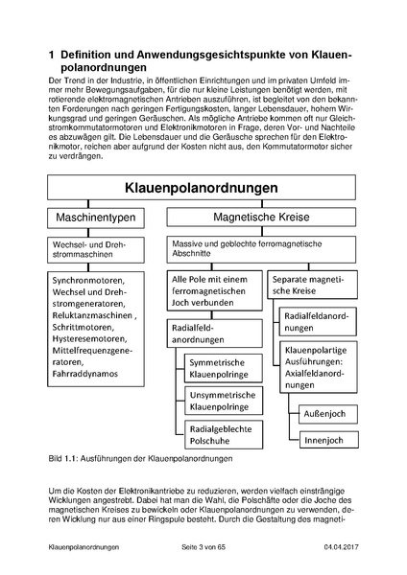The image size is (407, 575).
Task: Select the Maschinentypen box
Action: pos(95,218)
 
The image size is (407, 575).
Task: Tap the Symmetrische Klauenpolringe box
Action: pos(223,370)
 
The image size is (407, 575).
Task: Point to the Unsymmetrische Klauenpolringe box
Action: pos(223,401)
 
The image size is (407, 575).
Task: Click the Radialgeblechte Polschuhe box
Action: pos(223,431)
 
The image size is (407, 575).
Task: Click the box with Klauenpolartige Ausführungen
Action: pos(320,366)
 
